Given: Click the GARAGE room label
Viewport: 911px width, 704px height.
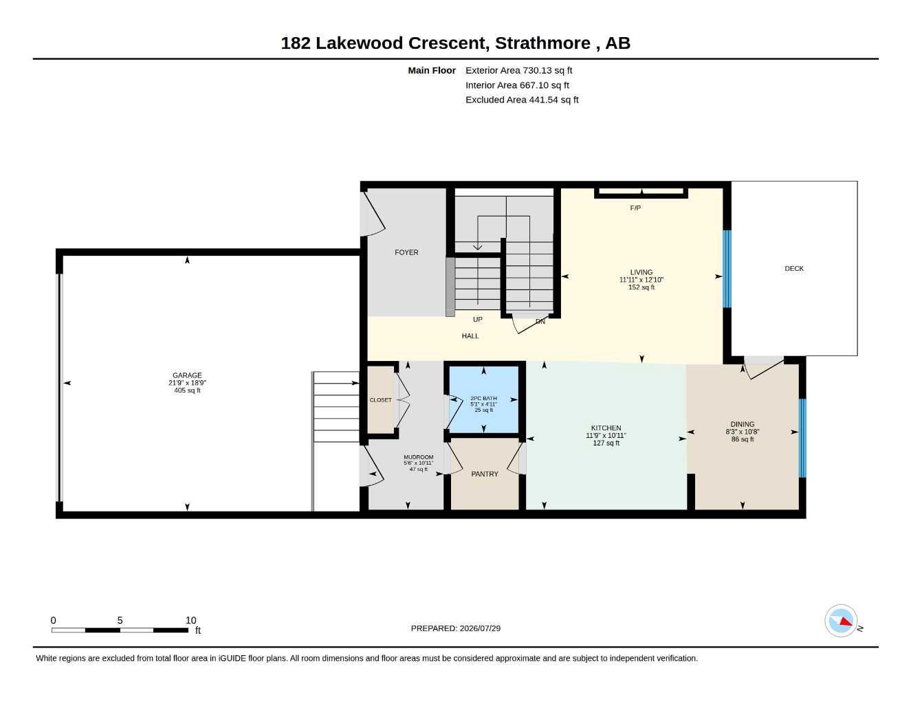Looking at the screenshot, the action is coord(187,375).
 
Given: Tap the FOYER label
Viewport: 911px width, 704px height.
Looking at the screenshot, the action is coord(406,252).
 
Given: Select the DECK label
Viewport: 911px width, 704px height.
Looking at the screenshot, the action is coord(794,268).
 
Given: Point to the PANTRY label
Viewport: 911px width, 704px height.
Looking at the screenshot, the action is coord(484,474).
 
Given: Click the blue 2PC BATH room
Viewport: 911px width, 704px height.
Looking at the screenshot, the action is coord(484,399).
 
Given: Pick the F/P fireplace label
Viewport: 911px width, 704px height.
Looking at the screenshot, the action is coord(635,208).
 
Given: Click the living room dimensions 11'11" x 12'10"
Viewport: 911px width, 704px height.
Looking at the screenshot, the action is coord(641,280).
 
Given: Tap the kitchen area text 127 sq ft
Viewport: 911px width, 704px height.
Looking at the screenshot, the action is coord(606,443).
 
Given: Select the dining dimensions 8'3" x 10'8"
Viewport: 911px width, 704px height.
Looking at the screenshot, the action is coord(742,432).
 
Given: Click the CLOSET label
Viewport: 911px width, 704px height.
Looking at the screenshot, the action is coord(380,400).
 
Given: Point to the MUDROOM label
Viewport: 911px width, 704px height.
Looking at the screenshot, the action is coord(418,457).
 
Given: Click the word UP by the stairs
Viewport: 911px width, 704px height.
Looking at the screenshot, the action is coord(478,319).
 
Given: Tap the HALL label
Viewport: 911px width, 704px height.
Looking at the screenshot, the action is coord(470,335).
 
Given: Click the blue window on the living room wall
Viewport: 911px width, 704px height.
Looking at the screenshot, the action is coord(727,269).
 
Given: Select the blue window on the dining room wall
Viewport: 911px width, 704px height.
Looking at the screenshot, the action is coord(802,438).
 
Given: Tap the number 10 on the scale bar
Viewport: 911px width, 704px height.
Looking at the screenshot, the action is coord(190,620).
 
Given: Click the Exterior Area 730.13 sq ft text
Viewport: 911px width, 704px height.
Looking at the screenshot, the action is coord(518,70).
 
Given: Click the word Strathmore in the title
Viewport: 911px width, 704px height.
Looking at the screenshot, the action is coord(542,43).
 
